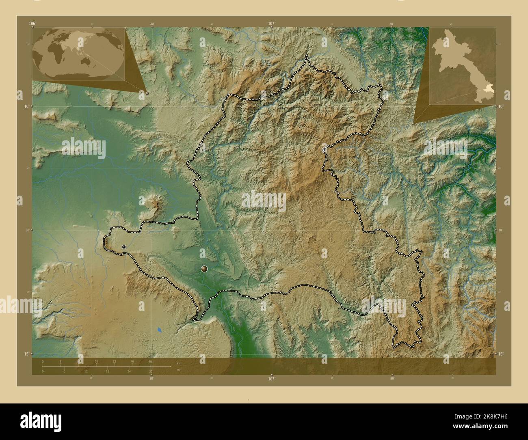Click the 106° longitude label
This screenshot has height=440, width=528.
pyautogui.click(x=32, y=24)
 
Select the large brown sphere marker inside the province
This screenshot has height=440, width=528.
pyautogui.click(x=204, y=268)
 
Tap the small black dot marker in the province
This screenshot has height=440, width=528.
pyautogui.click(x=124, y=246)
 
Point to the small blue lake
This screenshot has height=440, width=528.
pyautogui.click(x=159, y=330)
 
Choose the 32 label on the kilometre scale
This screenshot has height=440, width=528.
pyautogui.click(x=114, y=361)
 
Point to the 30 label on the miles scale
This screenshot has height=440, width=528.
pyautogui.click(x=151, y=371)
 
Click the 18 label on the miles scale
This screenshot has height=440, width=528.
pyautogui.click(x=107, y=371)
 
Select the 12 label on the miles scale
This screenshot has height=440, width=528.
pyautogui.click(x=86, y=371)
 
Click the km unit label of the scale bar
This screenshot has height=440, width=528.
pyautogui.click(x=179, y=363)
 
